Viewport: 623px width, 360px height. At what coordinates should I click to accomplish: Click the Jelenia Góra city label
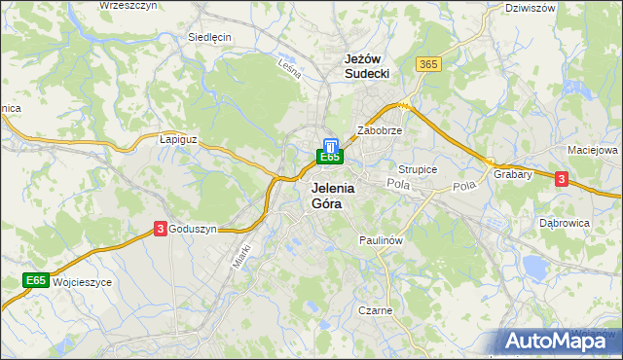pos(333,197)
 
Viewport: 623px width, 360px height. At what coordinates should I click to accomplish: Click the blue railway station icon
pos(330,143)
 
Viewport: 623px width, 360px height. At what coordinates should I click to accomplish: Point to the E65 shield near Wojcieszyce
pos(36,281)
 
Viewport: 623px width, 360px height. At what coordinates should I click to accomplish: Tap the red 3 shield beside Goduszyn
pos(160,228)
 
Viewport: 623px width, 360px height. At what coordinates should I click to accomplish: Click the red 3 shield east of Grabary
pos(561,178)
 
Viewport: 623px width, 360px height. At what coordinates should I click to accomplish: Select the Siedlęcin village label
pos(209,37)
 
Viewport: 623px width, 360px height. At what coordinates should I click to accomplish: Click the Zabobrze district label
pos(380,129)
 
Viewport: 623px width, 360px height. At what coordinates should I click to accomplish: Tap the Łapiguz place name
pos(178,139)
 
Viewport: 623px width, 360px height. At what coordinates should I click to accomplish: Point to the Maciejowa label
pos(593,151)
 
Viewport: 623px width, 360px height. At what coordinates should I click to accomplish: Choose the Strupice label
pos(418,169)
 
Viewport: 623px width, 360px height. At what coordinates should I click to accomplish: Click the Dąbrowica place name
pos(565,223)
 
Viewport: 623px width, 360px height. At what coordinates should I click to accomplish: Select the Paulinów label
pos(381,239)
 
